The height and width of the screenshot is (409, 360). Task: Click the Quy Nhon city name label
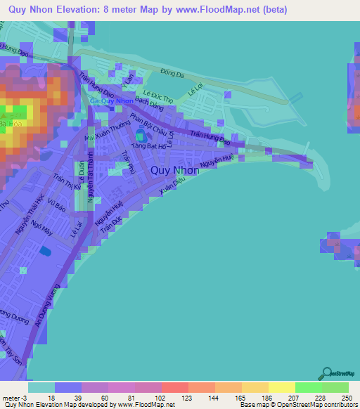[x=174, y=170]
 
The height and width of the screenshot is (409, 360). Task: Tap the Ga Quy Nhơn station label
[x=112, y=100]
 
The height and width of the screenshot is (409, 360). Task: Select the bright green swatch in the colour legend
[x=309, y=387]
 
